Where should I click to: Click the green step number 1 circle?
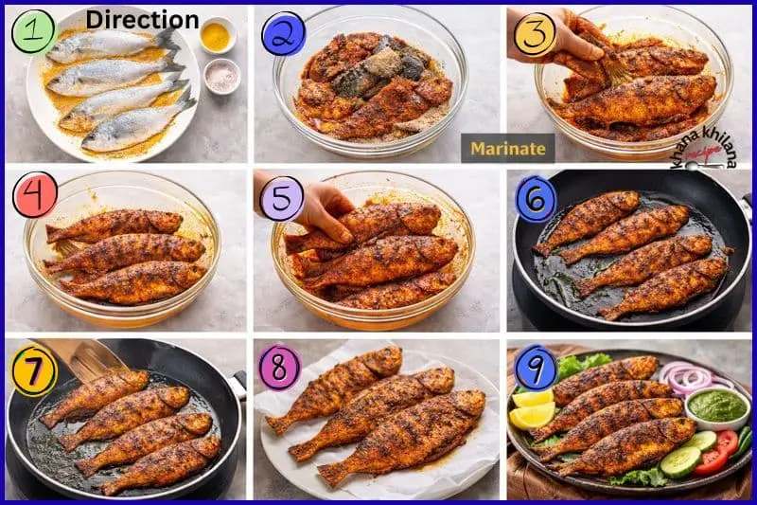(x=35, y=31)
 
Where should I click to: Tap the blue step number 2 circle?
(x=283, y=33)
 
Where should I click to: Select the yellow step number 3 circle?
(x=536, y=33)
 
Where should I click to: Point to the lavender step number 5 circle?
(x=281, y=199)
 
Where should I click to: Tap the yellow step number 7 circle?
(x=35, y=370)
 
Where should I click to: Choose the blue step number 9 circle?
(x=536, y=368)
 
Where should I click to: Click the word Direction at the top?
(x=143, y=20)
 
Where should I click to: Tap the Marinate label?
(x=508, y=149)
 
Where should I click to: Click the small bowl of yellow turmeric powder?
(x=217, y=35)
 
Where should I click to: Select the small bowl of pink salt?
(x=222, y=76)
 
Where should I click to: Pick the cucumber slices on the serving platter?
(x=690, y=452)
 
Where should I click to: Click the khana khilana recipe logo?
(x=705, y=149)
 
